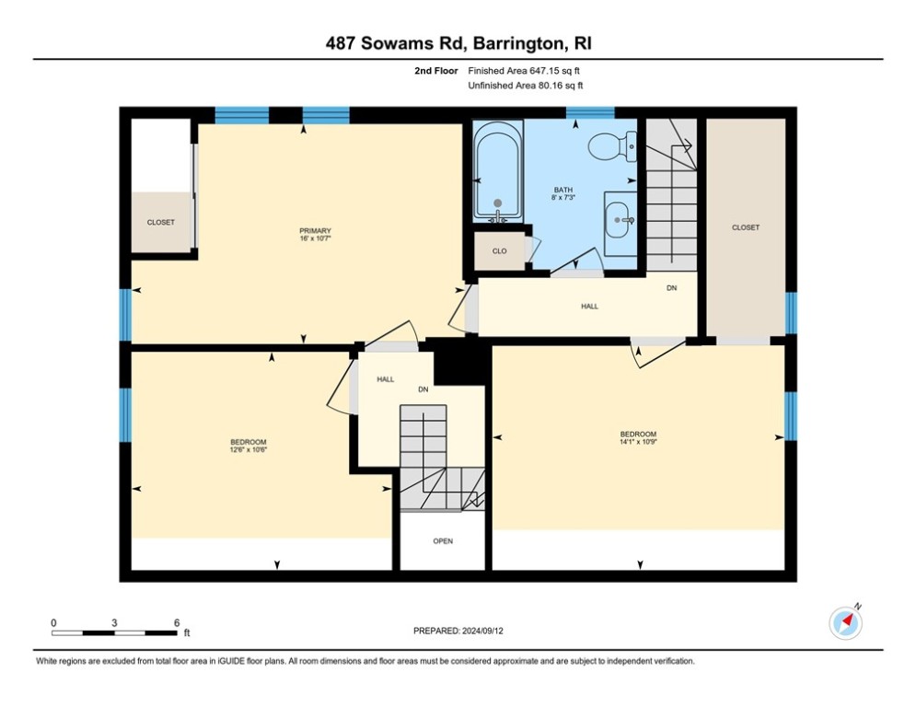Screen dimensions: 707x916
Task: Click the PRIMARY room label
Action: (315, 231)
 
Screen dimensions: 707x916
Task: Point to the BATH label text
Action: (576, 190)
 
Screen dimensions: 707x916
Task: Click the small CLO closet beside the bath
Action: (499, 250)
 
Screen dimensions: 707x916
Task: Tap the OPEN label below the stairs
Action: (443, 541)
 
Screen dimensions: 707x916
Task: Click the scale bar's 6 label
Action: (176, 622)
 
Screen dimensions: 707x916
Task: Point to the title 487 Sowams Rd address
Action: (458, 44)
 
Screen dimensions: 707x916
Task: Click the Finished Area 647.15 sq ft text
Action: (525, 70)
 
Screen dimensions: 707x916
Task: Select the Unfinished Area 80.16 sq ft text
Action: (525, 86)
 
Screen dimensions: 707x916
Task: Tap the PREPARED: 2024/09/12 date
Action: (458, 631)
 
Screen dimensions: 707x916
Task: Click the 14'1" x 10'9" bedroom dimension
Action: (638, 442)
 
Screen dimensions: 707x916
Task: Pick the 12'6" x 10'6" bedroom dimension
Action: (249, 450)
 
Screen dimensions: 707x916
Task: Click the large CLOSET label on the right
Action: (746, 227)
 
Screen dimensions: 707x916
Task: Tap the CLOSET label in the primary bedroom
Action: (160, 222)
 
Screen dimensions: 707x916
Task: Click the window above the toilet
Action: (590, 113)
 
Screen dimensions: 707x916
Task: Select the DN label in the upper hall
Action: (672, 288)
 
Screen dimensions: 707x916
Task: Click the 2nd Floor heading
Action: (435, 70)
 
